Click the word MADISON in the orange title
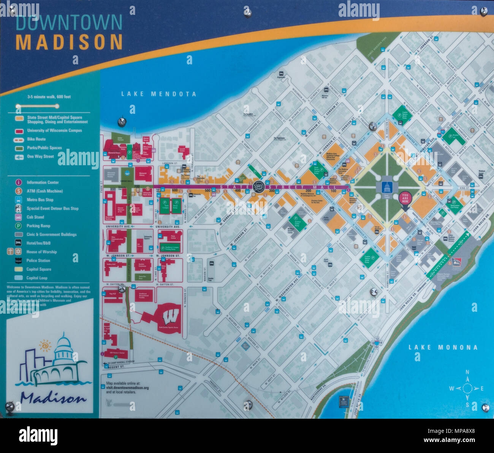(69, 42)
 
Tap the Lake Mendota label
(158, 94)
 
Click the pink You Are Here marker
(405, 199)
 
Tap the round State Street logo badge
(258, 187)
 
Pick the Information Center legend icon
(18, 182)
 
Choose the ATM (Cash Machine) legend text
(44, 191)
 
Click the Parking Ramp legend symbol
(18, 226)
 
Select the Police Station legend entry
(38, 260)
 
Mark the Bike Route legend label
(36, 139)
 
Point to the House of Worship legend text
(41, 252)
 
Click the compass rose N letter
(467, 372)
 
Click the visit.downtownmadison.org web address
(127, 388)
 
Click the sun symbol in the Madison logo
(45, 346)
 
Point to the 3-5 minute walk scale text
(49, 97)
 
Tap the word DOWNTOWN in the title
(69, 23)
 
